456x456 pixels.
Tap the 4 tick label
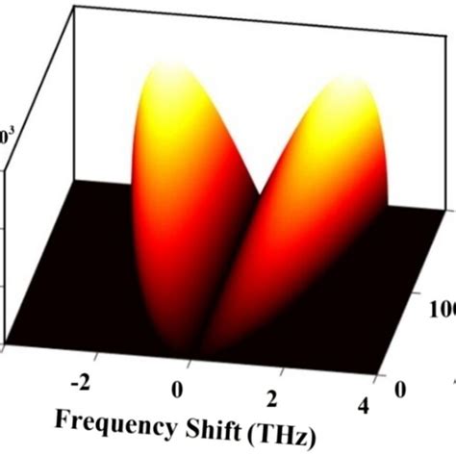click(364, 406)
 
